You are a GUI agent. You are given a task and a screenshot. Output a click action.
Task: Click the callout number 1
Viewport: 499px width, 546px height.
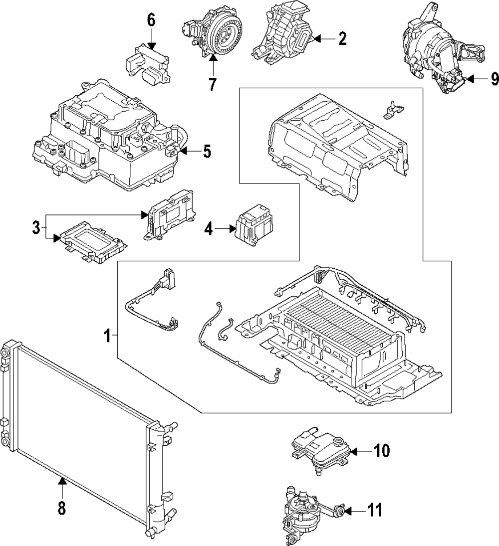(108, 337)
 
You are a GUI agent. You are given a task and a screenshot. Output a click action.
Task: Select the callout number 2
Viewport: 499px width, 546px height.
(342, 39)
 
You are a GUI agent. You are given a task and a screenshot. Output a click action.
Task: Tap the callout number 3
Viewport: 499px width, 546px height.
(36, 227)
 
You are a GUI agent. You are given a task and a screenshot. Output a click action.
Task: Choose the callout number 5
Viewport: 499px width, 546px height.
(207, 151)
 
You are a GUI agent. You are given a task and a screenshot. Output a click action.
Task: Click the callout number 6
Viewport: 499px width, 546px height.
(151, 20)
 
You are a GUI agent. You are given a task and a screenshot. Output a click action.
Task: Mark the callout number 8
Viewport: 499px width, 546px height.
(61, 509)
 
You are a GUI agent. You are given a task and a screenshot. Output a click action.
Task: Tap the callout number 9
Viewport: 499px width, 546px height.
(495, 79)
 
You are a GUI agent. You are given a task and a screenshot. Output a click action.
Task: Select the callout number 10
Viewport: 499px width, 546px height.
(381, 451)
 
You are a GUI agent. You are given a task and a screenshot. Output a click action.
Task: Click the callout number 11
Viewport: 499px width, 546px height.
(375, 510)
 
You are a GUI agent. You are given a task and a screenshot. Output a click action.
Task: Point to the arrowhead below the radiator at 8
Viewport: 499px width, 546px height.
(62, 481)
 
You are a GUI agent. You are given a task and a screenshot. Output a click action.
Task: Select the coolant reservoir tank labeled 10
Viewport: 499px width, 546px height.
(319, 449)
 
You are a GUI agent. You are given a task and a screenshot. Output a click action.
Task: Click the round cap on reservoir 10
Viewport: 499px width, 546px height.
(338, 441)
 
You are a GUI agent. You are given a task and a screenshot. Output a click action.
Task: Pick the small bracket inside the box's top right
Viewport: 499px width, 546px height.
(393, 109)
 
